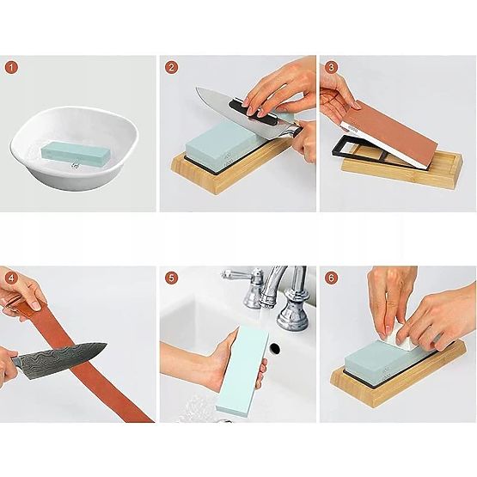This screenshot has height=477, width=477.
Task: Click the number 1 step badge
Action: (11, 67)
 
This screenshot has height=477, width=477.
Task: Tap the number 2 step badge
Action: (172, 67)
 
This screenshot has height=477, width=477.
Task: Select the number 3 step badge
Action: (331, 67)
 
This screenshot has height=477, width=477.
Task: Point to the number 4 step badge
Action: (11, 278)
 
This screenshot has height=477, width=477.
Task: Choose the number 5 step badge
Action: (172, 278)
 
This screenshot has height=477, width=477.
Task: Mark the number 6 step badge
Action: (331, 278)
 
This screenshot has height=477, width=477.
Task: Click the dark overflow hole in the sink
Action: (275, 349)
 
